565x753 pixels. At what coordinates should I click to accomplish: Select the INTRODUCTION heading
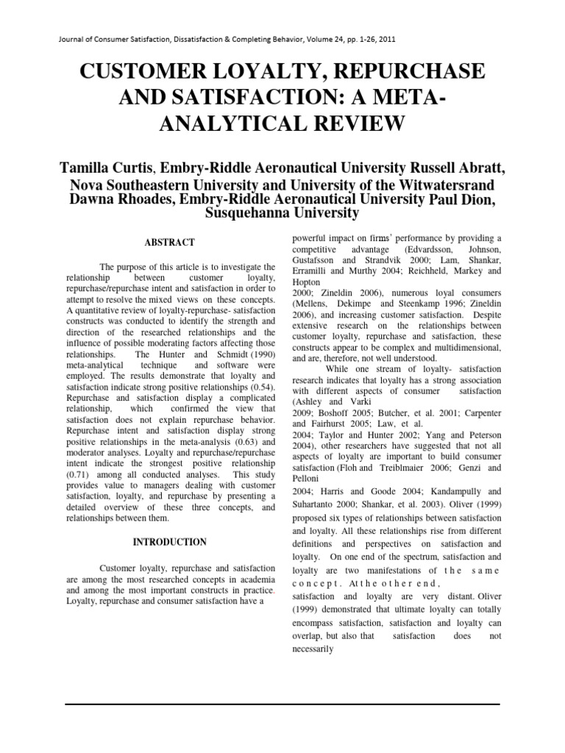(168, 542)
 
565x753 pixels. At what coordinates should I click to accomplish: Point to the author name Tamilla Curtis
(116, 168)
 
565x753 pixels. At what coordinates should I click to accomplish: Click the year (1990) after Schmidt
(257, 356)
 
